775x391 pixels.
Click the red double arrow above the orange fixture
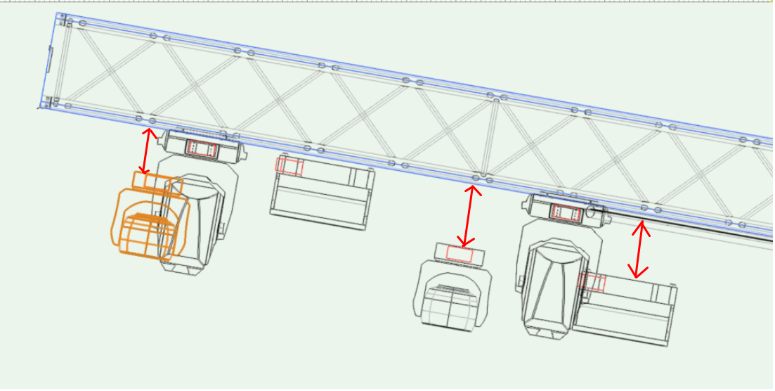[147, 150]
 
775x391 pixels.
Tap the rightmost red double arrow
[639, 250]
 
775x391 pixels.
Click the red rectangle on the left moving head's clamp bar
[202, 148]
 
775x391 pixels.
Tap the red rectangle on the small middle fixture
[460, 254]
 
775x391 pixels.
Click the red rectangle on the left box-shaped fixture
[289, 165]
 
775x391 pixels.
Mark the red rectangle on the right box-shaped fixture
[592, 283]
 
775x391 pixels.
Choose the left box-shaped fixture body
[321, 193]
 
